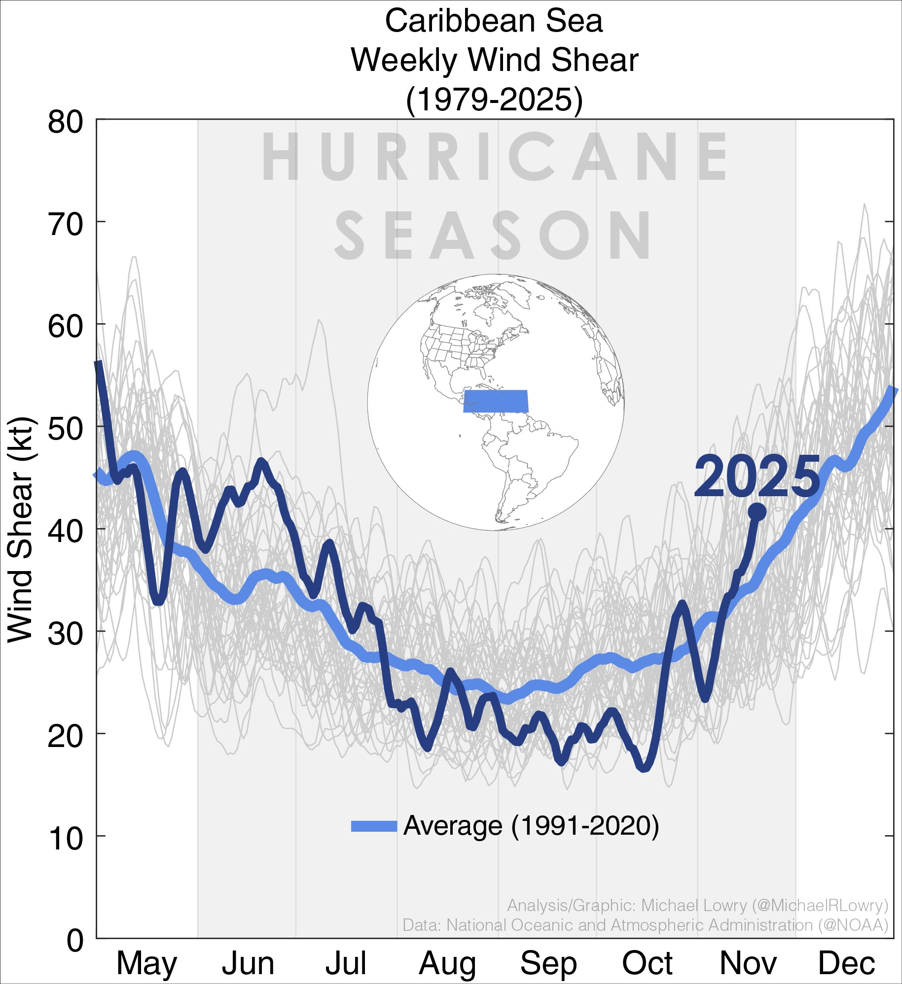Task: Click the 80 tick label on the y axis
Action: tap(65, 122)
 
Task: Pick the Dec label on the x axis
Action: tap(846, 963)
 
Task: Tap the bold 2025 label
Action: tap(757, 477)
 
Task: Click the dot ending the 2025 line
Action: tap(757, 512)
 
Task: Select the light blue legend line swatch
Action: tap(374, 826)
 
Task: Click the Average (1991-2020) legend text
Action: tap(531, 826)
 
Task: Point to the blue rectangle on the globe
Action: tap(496, 401)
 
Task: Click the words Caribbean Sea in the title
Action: tap(494, 22)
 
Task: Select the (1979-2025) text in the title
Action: tap(494, 100)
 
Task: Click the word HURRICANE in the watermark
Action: tap(494, 157)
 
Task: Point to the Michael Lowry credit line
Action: tap(697, 906)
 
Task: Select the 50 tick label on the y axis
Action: tap(65, 430)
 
